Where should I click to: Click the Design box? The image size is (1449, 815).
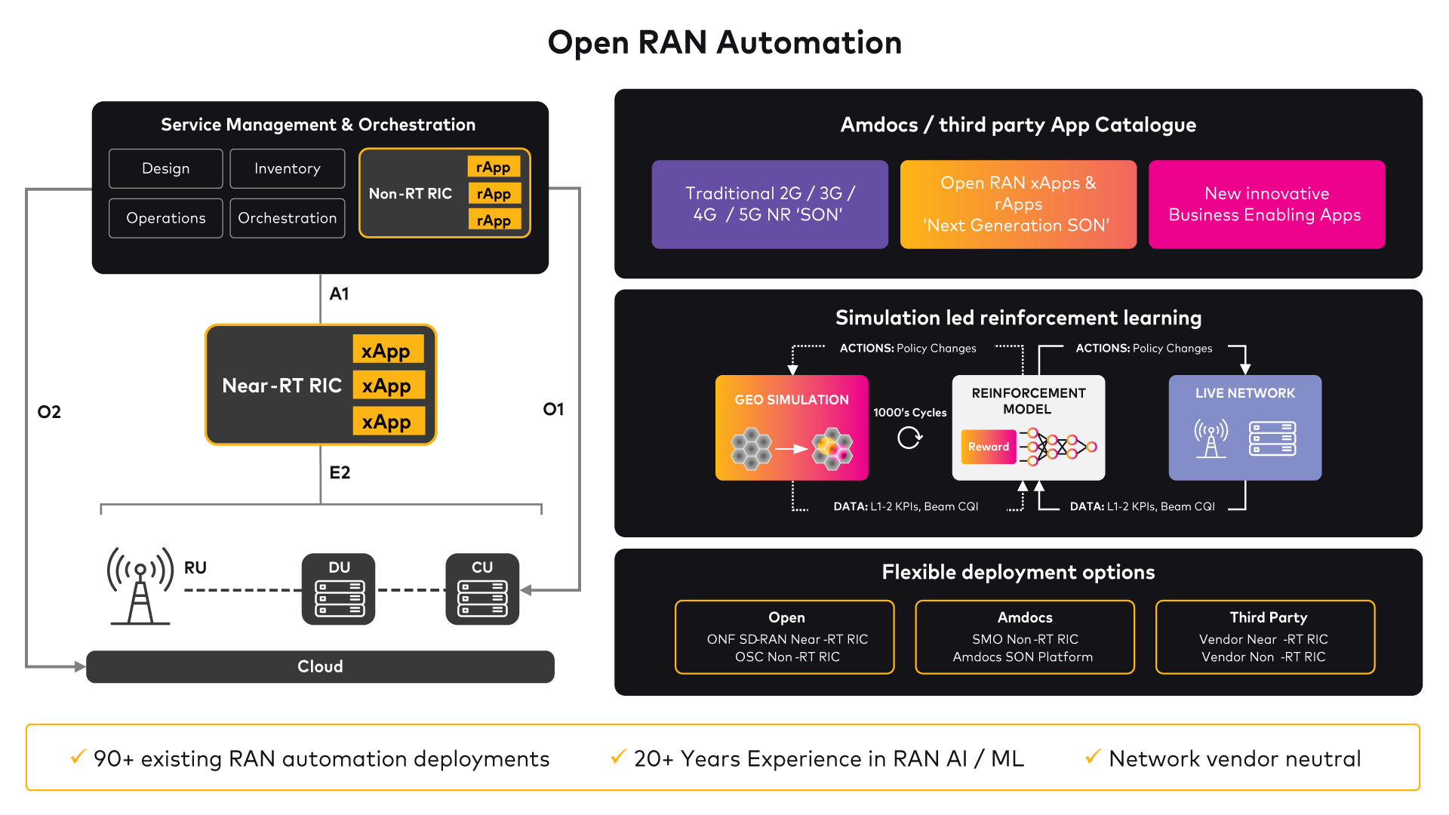165,168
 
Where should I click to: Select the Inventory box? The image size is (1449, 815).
287,168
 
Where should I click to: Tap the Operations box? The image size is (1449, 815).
165,218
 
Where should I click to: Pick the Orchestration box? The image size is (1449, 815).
287,218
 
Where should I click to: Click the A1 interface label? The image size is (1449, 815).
339,294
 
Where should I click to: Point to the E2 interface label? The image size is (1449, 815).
340,472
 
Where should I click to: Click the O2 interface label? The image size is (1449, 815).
49,412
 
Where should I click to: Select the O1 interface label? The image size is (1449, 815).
553,409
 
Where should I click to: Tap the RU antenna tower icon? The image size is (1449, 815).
140,586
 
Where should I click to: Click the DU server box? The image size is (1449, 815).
339,589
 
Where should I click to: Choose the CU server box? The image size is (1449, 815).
482,589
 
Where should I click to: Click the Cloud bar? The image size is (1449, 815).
320,666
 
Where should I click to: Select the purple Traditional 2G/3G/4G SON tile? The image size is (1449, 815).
770,204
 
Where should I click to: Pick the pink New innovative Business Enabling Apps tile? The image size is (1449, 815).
1266,204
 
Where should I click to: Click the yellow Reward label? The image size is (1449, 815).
989,447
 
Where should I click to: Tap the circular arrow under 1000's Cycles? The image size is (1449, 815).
909,438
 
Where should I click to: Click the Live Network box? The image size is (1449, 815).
1244,427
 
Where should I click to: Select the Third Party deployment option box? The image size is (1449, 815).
1265,636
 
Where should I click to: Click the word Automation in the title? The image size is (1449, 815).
809,42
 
